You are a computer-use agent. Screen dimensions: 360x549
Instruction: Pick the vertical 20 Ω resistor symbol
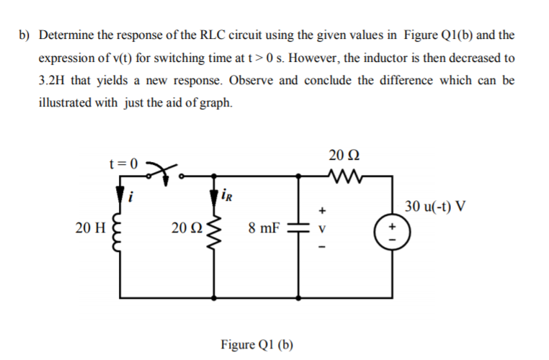tap(214, 230)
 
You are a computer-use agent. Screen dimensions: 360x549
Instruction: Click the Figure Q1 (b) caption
tap(256, 343)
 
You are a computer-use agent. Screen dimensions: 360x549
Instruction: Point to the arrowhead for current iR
tap(214, 194)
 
